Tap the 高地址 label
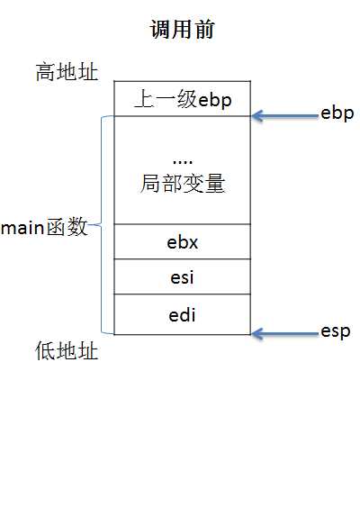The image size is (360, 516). (67, 72)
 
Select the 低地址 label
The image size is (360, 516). (67, 351)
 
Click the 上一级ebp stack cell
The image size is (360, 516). (182, 98)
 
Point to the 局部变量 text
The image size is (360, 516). (182, 184)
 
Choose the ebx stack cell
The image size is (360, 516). (182, 242)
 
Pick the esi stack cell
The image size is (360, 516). (182, 277)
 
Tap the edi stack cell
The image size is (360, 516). (182, 315)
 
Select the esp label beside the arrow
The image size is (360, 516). (336, 331)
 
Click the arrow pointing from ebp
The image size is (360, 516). (283, 115)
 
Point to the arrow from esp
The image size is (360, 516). (283, 334)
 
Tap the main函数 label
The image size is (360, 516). (45, 227)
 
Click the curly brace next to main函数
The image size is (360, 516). (102, 224)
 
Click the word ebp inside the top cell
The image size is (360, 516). (215, 99)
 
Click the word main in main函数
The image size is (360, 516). (23, 228)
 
